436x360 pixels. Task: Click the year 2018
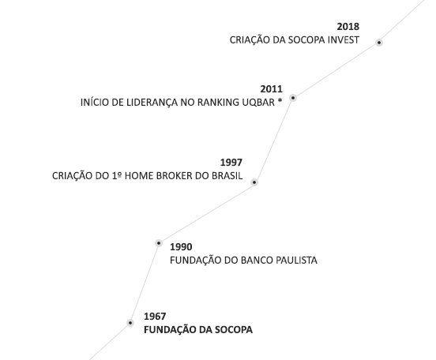tap(348, 27)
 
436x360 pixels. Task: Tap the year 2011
tap(272, 89)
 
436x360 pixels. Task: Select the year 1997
tap(231, 163)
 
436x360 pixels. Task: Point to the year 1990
tap(181, 247)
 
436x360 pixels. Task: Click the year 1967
tap(155, 317)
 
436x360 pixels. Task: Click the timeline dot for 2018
tap(378, 43)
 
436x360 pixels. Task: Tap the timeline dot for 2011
tap(293, 98)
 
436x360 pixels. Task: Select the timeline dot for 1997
tap(254, 182)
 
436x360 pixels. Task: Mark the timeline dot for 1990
tap(159, 243)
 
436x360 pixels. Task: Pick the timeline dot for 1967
tap(130, 323)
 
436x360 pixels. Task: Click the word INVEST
tap(344, 40)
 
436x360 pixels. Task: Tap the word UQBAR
tap(258, 103)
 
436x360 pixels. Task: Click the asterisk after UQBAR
tap(280, 101)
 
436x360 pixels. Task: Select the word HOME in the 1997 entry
tap(139, 176)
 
